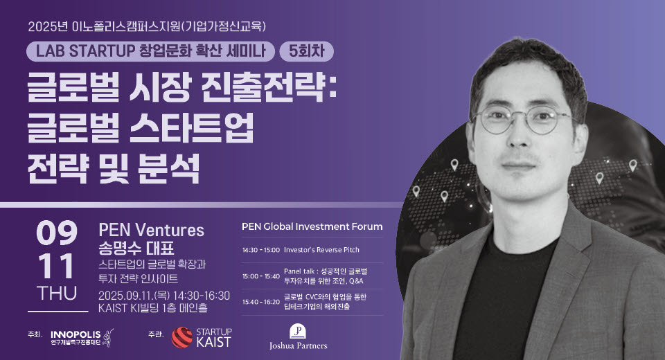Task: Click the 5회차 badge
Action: (x=306, y=51)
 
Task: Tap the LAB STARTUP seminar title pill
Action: (x=150, y=51)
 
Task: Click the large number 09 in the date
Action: (x=57, y=233)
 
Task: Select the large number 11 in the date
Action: (x=57, y=266)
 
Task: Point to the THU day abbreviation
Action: (x=57, y=294)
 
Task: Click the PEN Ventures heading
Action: (x=152, y=231)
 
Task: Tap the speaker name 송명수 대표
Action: (x=136, y=248)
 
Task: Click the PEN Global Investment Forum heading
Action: (x=312, y=226)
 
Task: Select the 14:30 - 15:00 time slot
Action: (x=261, y=250)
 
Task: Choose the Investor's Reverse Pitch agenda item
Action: (x=321, y=250)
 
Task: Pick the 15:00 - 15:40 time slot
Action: (x=261, y=276)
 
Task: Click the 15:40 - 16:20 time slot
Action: (x=261, y=302)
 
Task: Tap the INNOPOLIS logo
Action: (x=82, y=338)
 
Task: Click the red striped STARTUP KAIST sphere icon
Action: (x=182, y=338)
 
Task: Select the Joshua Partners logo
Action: (x=298, y=338)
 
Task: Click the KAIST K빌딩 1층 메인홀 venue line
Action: (x=152, y=308)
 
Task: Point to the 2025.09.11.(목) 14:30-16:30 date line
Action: (x=164, y=296)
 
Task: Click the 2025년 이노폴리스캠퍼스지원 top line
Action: (x=147, y=27)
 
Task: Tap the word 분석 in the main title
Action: (x=169, y=168)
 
